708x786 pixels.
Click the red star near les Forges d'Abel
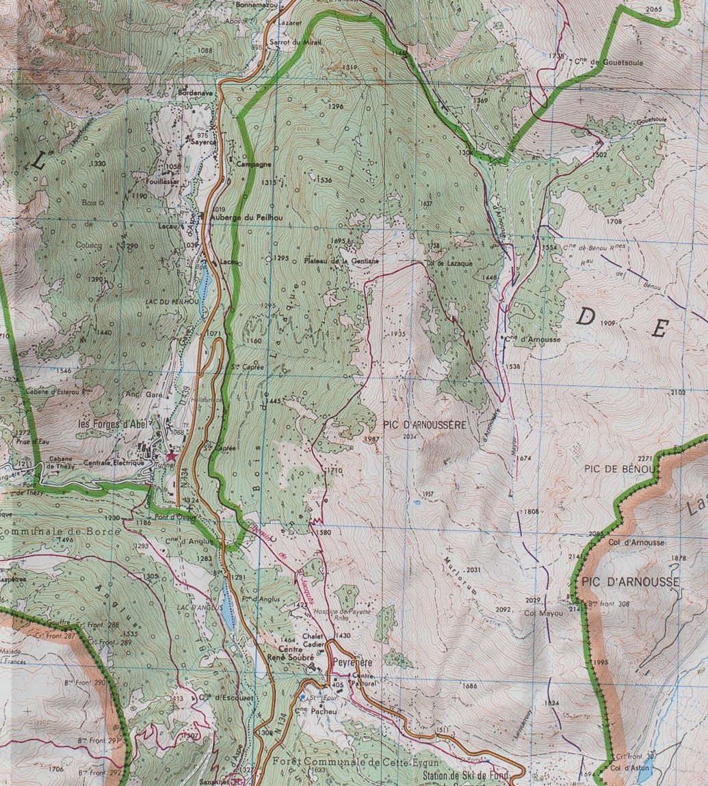point(170,456)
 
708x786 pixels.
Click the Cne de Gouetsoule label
point(608,62)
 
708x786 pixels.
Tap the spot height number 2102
point(677,392)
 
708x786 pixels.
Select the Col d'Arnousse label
point(635,542)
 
